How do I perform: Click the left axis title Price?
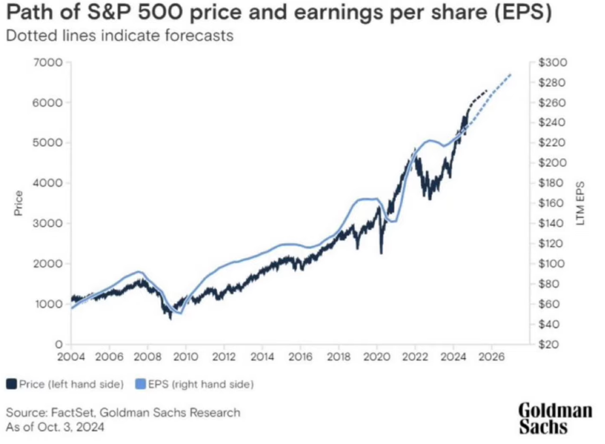18,203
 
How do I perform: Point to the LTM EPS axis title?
580,203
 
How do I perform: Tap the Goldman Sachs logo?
555,419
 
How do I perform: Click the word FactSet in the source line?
73,413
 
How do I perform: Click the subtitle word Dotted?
27,36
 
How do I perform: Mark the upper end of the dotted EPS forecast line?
511,75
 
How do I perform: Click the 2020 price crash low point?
381,253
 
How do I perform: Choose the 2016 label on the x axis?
300,357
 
